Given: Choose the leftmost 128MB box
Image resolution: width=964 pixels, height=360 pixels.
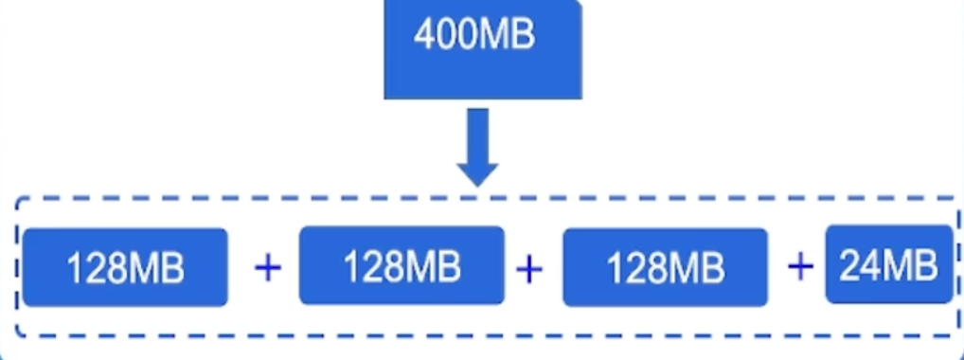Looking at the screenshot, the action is (x=125, y=267).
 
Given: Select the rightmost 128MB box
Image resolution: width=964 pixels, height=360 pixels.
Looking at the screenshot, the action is (x=665, y=267).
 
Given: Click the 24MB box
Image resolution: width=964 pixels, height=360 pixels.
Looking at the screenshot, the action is (x=888, y=264).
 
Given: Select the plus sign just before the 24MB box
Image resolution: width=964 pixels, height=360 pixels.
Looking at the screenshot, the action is (x=800, y=266).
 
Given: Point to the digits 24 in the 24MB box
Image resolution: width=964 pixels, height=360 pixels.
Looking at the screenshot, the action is (x=860, y=265).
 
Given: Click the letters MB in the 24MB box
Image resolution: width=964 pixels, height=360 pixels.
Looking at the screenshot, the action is (x=911, y=265).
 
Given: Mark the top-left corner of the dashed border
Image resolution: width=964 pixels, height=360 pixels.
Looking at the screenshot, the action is (x=18, y=201).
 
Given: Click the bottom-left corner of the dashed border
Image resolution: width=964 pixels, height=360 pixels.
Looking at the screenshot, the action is (x=18, y=335).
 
